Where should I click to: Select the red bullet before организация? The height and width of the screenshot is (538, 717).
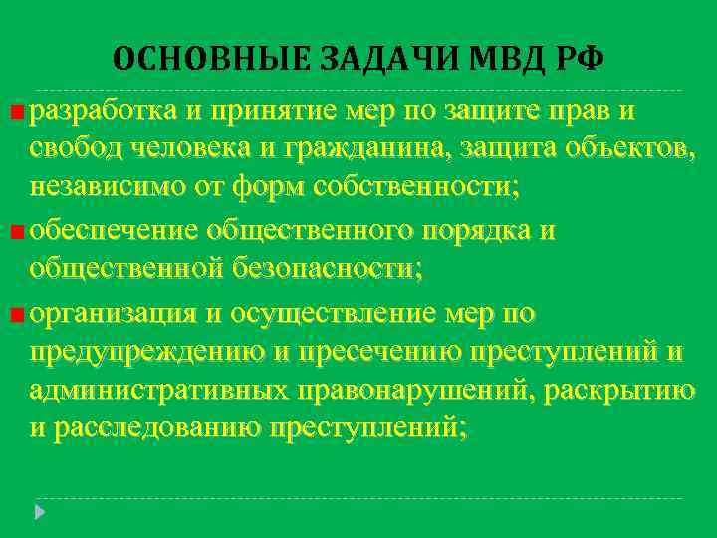pos(18,316)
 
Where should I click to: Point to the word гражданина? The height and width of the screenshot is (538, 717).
pos(398,148)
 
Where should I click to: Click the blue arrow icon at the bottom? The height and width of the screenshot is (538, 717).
pos(41,514)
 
